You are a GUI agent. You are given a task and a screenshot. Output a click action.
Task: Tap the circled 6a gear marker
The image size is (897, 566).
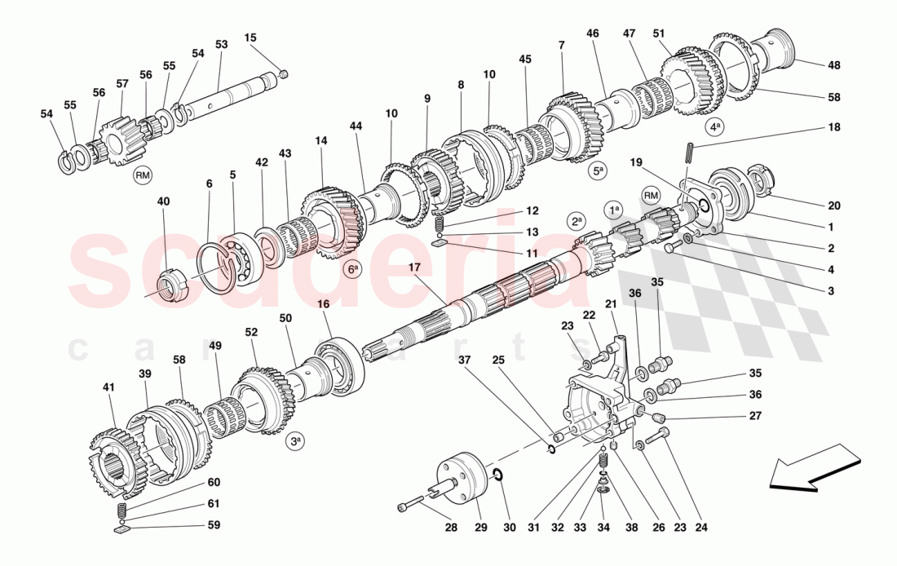[352, 268]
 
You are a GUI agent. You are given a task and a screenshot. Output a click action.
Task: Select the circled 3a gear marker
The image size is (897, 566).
[295, 442]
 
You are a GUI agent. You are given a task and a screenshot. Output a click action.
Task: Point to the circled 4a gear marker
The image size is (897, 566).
[715, 127]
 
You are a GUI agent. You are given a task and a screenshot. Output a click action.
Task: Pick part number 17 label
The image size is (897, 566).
[414, 267]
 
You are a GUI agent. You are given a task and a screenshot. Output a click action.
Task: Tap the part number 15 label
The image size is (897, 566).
[250, 38]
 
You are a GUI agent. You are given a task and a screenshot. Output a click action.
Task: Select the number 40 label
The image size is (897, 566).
[164, 201]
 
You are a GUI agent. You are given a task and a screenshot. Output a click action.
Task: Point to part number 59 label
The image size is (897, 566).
[214, 525]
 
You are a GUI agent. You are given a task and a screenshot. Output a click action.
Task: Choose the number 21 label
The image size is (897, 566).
[610, 304]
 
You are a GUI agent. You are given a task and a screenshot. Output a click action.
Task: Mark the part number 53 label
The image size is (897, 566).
[221, 44]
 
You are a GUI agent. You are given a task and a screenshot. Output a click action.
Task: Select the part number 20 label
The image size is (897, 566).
[834, 206]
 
